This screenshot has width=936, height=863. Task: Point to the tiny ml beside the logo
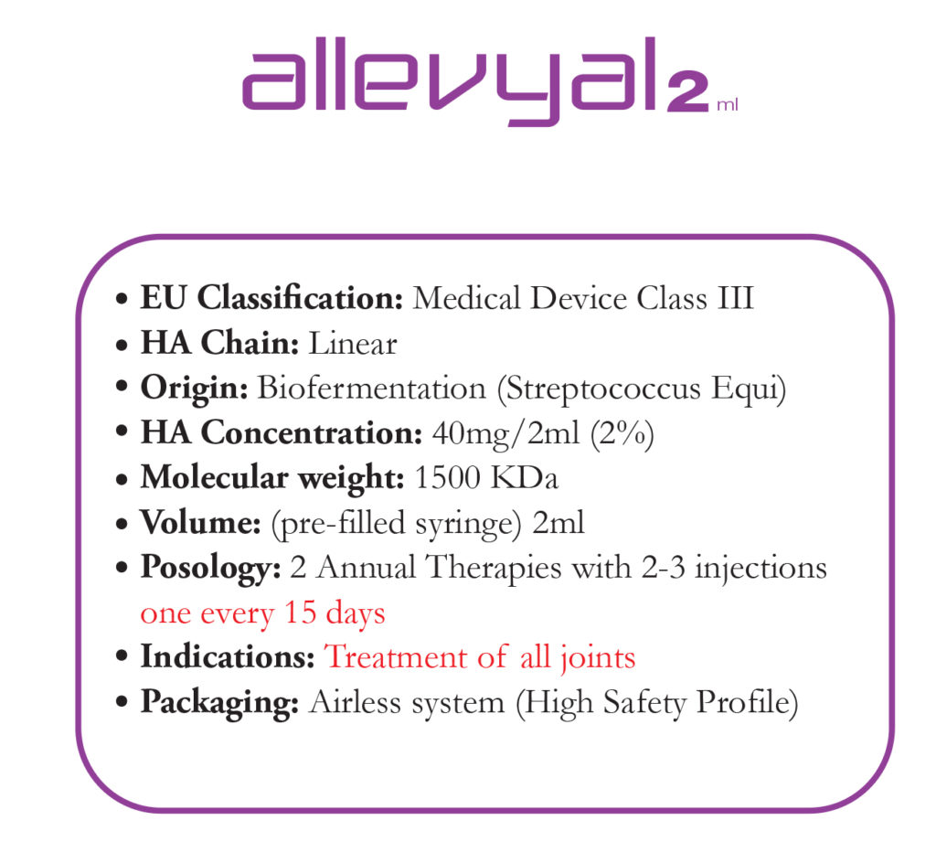point(728,104)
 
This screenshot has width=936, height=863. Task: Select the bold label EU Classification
point(271,297)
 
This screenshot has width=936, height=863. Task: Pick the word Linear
point(353,343)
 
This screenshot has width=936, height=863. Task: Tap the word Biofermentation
point(372,388)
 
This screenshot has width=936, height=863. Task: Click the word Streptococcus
point(603,390)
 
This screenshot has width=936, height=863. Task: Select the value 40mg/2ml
point(505,433)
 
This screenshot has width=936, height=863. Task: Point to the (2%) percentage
point(622,434)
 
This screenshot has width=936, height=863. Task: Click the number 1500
point(447,477)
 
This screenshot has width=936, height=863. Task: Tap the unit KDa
point(524,477)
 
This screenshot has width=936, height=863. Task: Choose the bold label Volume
point(200,522)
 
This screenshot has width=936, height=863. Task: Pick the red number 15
point(300,612)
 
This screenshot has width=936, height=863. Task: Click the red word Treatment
point(396,657)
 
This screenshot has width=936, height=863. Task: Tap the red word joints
point(598,659)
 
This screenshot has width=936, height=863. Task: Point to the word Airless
point(356,702)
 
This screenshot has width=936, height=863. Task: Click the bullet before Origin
point(122,387)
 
